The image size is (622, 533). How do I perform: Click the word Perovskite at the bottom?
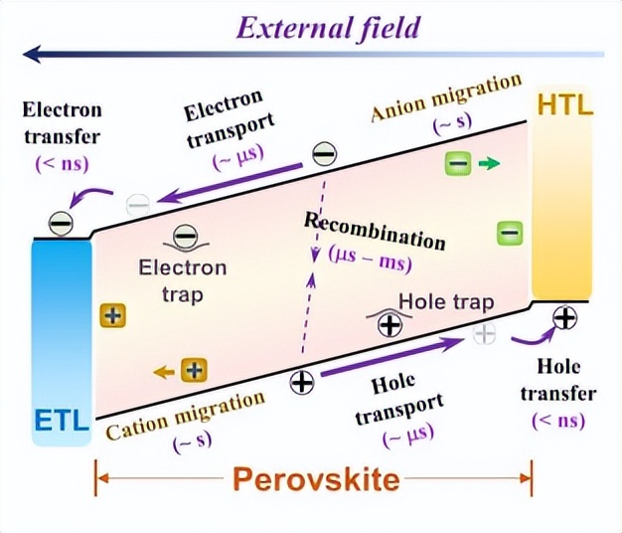click(316, 480)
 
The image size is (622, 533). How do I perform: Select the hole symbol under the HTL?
click(563, 318)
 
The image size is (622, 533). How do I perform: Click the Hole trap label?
click(446, 301)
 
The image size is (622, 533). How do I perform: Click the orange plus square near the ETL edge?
click(113, 316)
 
